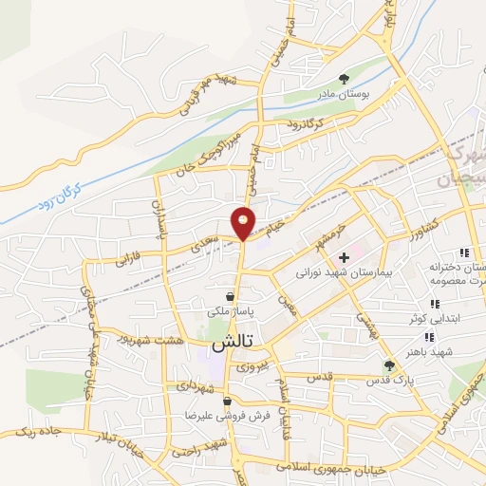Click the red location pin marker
[244, 222]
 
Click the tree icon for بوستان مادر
[345, 80]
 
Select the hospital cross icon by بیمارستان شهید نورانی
[345, 257]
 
